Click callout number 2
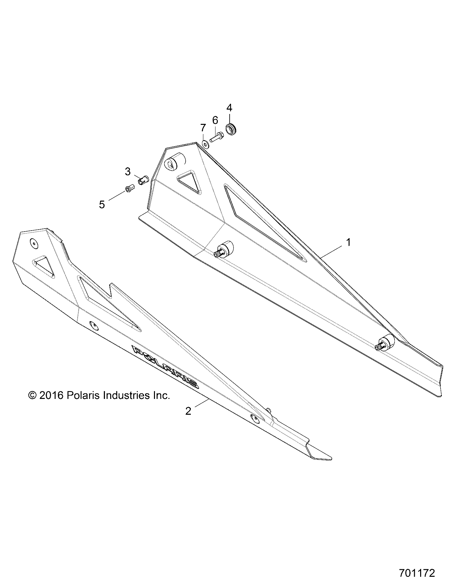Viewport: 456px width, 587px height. click(188, 411)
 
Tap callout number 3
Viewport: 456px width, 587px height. click(128, 171)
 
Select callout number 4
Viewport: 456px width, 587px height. click(229, 108)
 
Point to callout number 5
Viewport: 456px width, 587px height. click(102, 205)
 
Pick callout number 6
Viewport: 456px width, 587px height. click(215, 120)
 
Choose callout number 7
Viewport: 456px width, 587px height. click(203, 127)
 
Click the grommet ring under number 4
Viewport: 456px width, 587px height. click(232, 130)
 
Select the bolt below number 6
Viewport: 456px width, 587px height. click(216, 136)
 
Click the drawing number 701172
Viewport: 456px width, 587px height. click(417, 573)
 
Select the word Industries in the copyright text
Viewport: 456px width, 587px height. click(127, 395)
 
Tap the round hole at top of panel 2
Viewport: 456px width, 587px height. click(34, 243)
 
